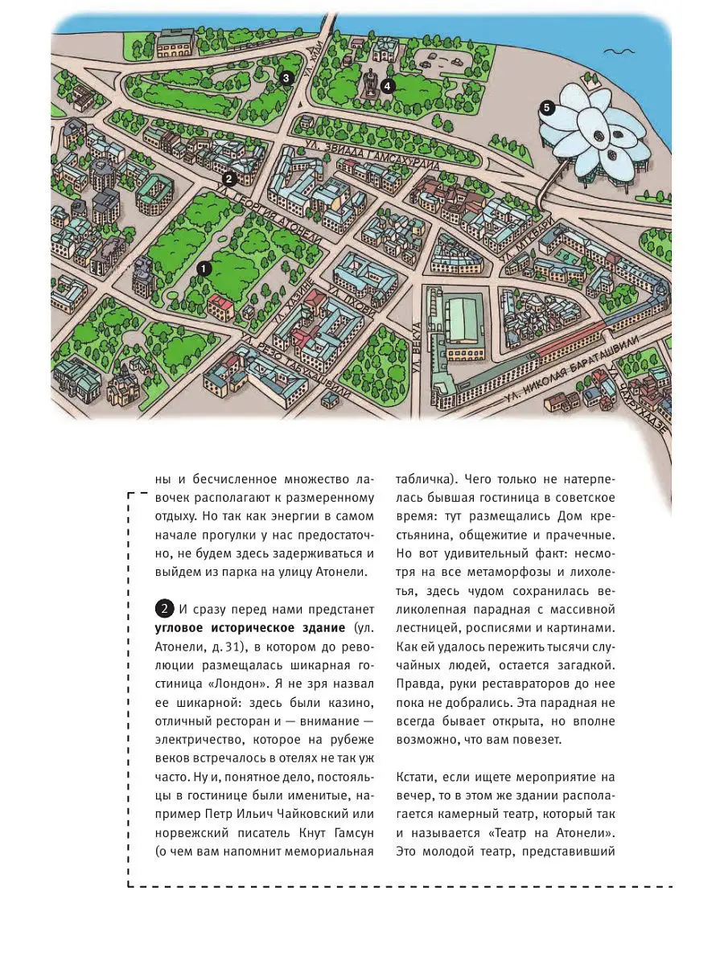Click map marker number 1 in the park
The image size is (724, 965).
[203, 269]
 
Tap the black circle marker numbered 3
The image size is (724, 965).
[285, 78]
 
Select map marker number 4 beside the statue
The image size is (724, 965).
[389, 86]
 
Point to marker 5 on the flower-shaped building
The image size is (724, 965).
[547, 107]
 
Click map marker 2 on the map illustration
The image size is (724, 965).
[228, 179]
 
